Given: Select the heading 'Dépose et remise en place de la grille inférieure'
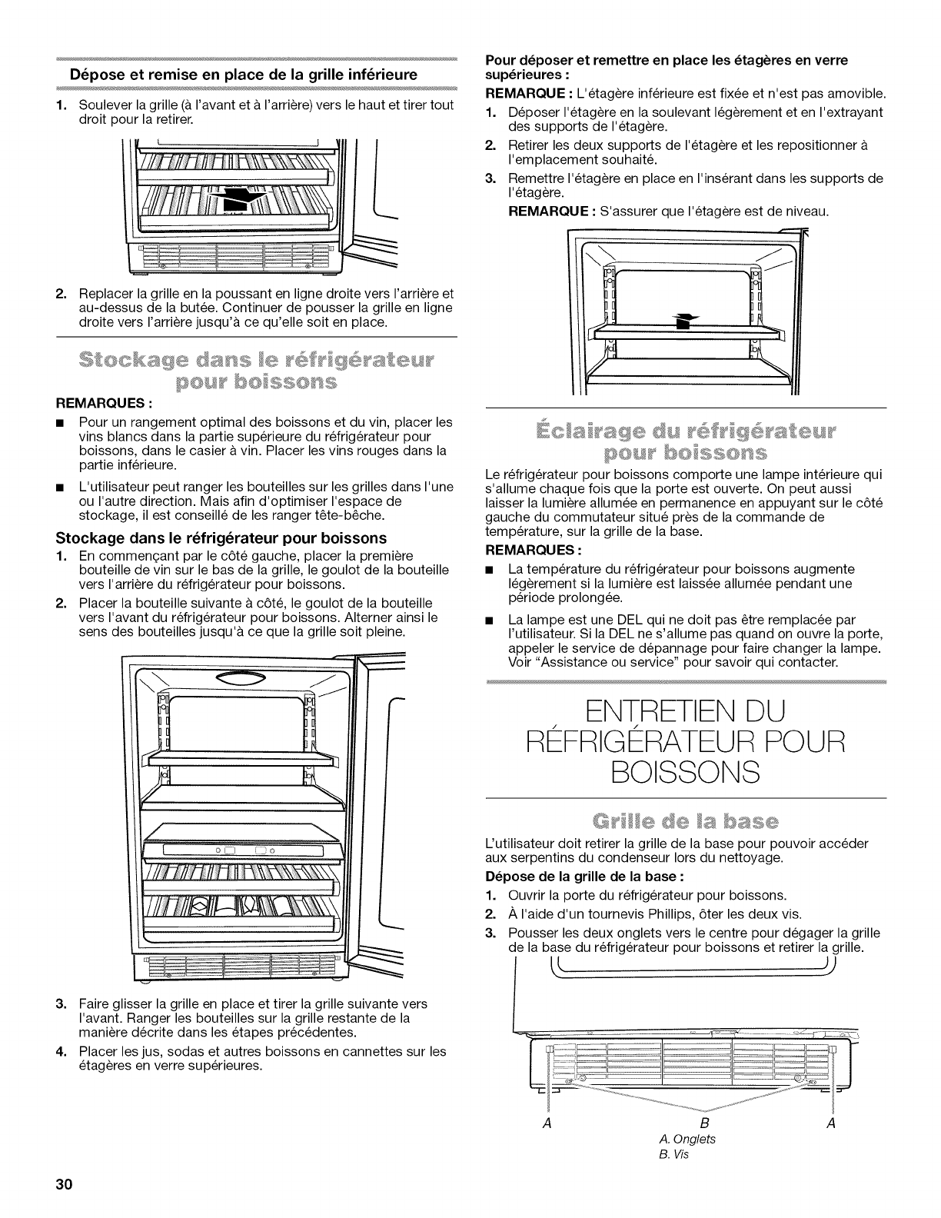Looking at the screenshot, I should [244, 75].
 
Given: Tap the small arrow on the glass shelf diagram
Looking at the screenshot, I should [680, 321].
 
